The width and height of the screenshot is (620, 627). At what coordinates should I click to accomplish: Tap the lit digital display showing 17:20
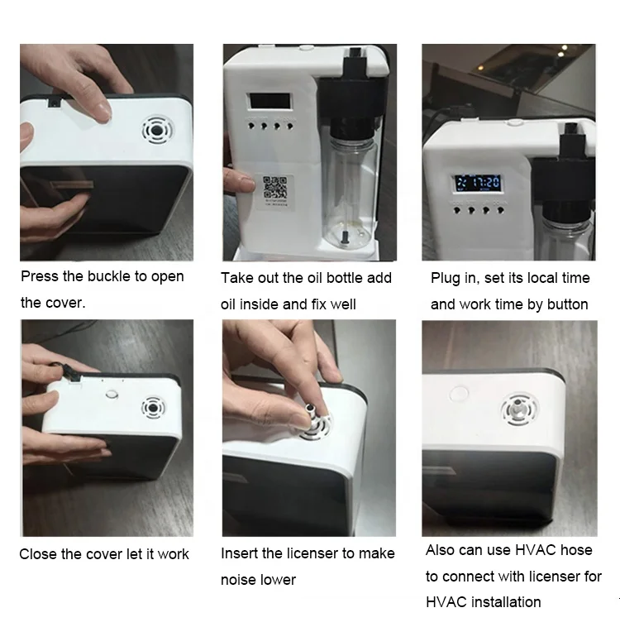pos(478,183)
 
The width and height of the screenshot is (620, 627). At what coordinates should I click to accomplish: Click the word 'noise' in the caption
pos(240,580)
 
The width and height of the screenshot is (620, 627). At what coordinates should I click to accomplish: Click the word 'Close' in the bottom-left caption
pos(38,554)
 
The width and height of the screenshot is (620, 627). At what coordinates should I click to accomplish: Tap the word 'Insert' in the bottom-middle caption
pos(240,553)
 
